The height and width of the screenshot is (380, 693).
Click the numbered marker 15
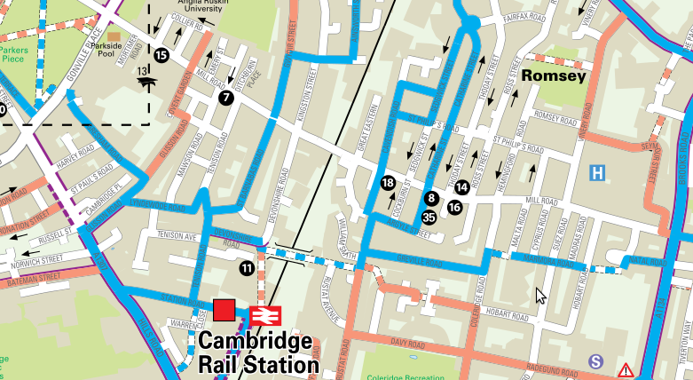(x=161, y=55)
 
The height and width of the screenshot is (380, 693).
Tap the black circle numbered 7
(x=226, y=98)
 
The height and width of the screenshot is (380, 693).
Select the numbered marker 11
(x=247, y=267)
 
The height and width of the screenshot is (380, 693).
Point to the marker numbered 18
(x=388, y=183)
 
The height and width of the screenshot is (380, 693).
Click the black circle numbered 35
(x=429, y=217)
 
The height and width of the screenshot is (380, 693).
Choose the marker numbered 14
(x=461, y=187)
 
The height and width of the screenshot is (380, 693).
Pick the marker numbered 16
(x=454, y=208)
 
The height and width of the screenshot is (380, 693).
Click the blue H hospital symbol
(x=600, y=171)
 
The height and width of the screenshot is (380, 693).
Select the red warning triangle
(x=626, y=369)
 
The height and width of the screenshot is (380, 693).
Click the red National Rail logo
(x=265, y=314)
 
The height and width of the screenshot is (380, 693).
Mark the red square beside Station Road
(x=224, y=310)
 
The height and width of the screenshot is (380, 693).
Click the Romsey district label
(x=554, y=76)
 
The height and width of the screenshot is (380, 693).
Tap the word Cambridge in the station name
(x=254, y=343)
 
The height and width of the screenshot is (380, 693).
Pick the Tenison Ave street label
(x=176, y=236)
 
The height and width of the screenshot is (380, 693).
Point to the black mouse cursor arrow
(x=540, y=296)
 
